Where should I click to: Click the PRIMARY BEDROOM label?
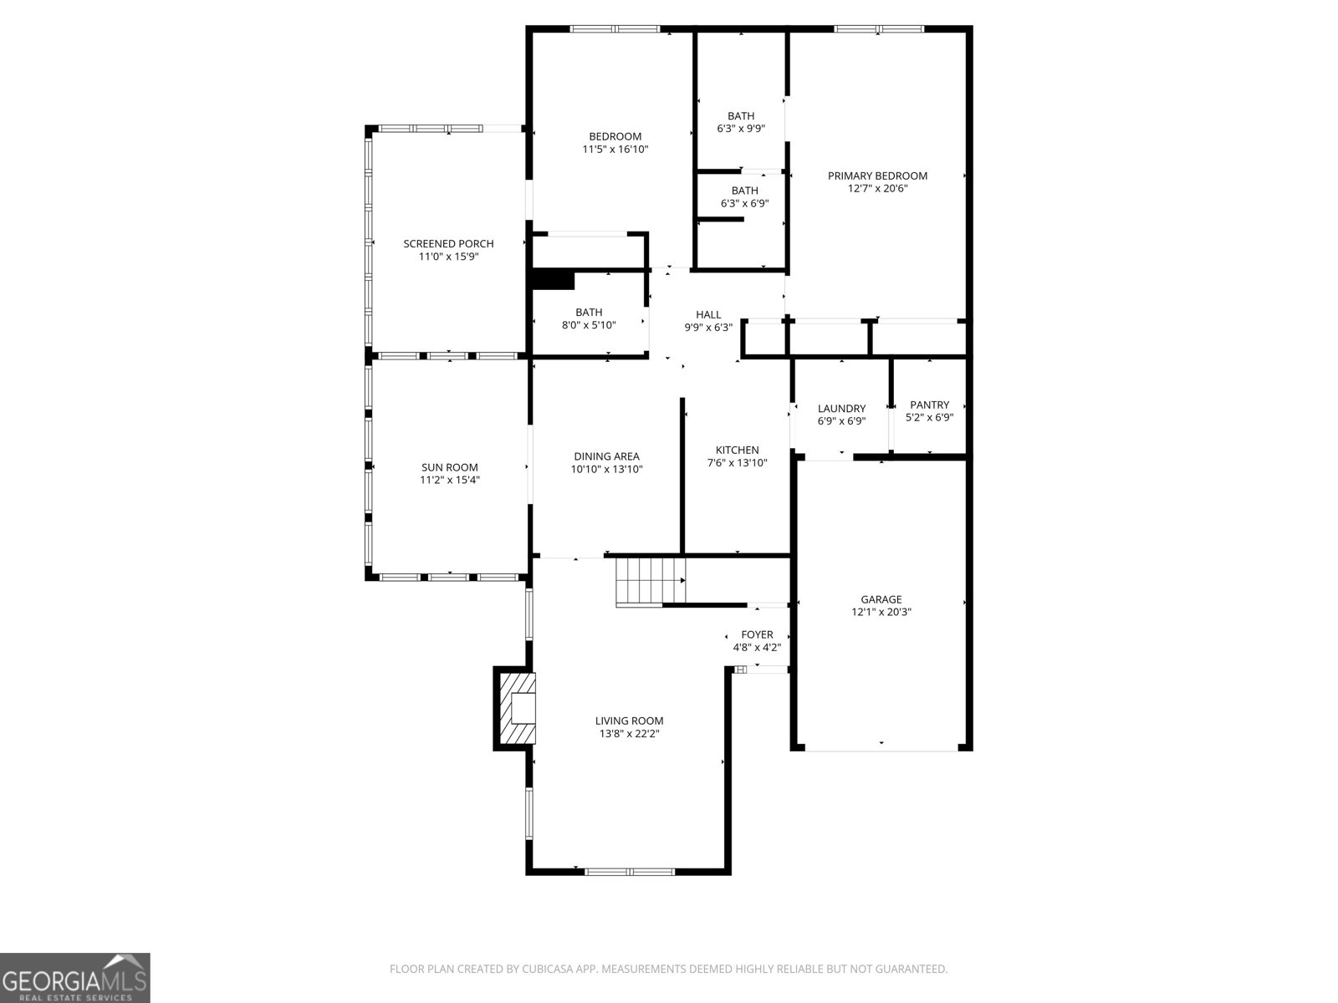click(x=877, y=176)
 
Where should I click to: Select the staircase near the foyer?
click(x=650, y=581)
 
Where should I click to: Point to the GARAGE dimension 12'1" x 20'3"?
click(x=881, y=612)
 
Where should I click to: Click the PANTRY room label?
click(x=929, y=405)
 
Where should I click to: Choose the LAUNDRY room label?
click(x=841, y=409)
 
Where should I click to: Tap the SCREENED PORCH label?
click(x=448, y=244)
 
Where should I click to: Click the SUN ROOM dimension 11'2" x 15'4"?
click(x=449, y=480)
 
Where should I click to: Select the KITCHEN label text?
click(x=737, y=450)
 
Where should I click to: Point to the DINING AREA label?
click(x=606, y=456)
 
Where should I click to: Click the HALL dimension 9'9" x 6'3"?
click(x=707, y=328)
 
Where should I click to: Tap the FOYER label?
click(x=757, y=634)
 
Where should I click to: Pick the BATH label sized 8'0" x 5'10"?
click(x=589, y=313)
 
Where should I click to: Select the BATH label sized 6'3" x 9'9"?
click(x=740, y=116)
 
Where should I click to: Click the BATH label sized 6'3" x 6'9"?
click(x=744, y=191)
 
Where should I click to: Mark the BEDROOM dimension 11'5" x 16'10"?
click(x=615, y=150)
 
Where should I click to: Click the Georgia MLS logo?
click(x=74, y=977)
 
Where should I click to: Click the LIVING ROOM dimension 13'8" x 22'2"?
click(x=629, y=734)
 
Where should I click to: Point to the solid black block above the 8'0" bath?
click(x=553, y=280)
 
